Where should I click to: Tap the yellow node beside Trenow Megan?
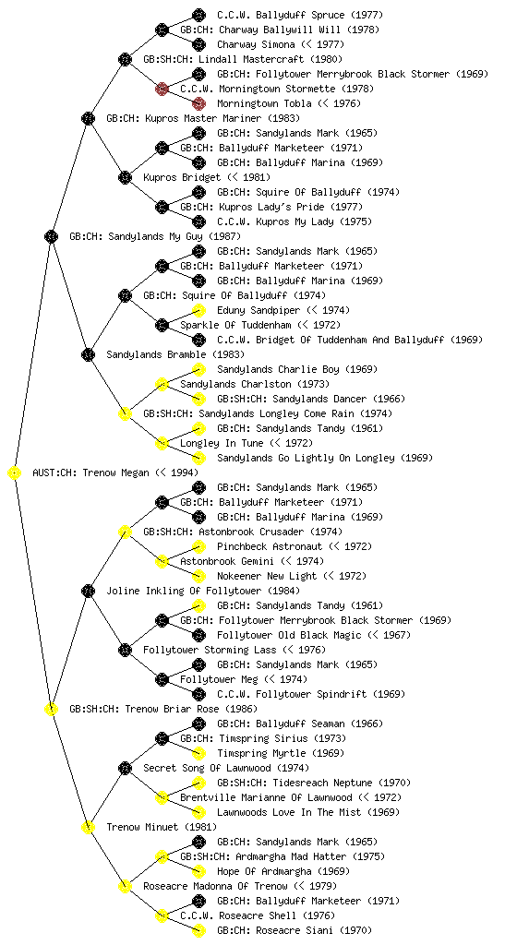click(15, 472)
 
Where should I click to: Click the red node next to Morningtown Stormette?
click(162, 89)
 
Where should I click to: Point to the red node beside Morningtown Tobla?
click(198, 103)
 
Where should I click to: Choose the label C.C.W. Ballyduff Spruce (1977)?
click(299, 15)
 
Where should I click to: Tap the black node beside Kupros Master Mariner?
click(88, 118)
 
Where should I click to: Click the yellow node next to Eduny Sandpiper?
click(198, 310)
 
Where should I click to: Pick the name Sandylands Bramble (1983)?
click(167, 354)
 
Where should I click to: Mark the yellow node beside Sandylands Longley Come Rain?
click(125, 413)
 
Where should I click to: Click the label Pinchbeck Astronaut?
click(270, 546)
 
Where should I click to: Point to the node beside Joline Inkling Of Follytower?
click(88, 591)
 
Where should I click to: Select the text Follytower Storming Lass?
click(210, 650)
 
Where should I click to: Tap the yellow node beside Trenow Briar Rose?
click(51, 709)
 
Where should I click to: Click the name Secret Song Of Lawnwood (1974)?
click(226, 768)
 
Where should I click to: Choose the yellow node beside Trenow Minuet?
click(88, 827)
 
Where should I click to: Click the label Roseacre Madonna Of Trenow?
click(216, 886)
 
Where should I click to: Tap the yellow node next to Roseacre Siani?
click(198, 930)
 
